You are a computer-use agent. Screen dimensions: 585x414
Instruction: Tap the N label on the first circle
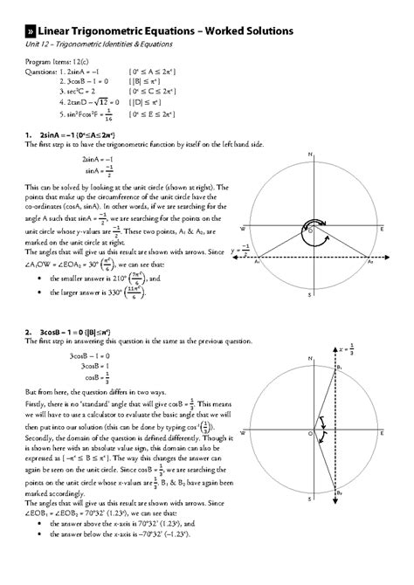coord(310,155)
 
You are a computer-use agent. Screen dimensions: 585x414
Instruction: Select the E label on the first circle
coord(383,227)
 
